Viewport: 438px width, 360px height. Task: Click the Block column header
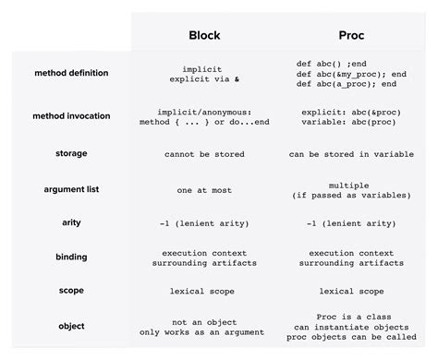tap(204, 36)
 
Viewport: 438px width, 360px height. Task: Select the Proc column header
tap(351, 36)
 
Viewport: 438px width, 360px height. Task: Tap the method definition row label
tap(70, 73)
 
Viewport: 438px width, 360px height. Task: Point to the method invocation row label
tap(70, 116)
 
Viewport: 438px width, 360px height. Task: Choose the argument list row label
tap(71, 189)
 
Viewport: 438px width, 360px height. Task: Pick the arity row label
tap(71, 222)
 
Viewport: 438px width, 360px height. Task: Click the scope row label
tap(71, 290)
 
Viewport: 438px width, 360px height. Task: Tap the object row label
tap(71, 326)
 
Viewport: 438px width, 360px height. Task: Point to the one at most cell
tap(204, 189)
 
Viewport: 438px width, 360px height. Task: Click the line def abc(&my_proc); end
tap(351, 73)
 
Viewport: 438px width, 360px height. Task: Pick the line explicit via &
tap(204, 79)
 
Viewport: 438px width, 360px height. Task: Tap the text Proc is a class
tap(350, 315)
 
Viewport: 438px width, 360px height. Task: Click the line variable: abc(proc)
tap(350, 123)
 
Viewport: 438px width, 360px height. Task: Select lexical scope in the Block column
tap(204, 290)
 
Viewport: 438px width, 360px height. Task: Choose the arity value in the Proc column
tap(350, 222)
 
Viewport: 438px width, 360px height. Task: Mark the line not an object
tap(204, 320)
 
